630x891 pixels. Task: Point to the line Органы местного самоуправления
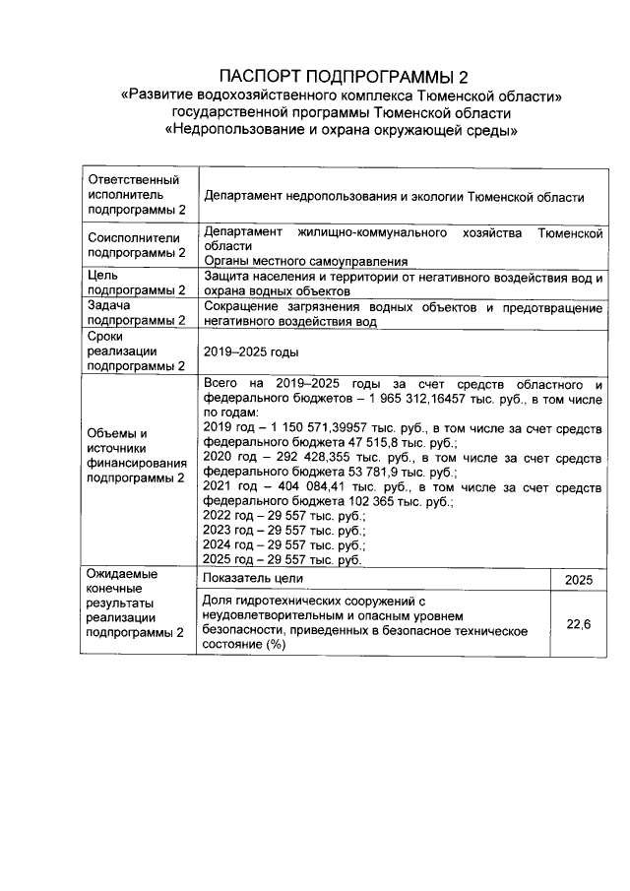(x=305, y=261)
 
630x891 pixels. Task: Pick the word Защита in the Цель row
(x=226, y=278)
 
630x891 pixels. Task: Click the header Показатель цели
(x=254, y=579)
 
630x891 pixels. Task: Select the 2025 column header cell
(x=578, y=580)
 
